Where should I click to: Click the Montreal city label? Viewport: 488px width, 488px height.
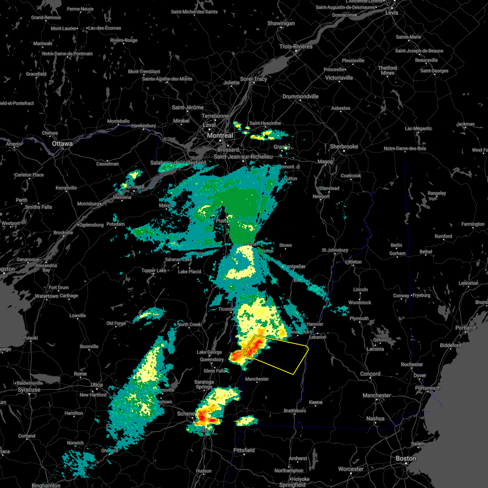coord(220,135)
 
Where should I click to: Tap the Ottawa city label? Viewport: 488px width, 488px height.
coord(62,144)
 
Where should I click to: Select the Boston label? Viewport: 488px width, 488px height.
coord(406,458)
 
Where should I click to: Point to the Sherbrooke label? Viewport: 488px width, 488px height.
coord(344,146)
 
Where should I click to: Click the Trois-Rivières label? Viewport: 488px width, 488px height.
coord(296,46)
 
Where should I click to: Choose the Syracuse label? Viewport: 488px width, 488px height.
coord(29,390)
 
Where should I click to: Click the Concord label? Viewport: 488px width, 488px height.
coord(370,374)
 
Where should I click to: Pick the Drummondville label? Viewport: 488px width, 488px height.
coord(301,96)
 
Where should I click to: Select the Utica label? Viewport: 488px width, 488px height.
coord(97,385)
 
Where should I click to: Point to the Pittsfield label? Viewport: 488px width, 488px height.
coord(244,450)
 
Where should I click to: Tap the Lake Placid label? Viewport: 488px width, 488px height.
coord(190,272)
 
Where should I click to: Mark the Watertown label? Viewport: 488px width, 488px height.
coord(46,296)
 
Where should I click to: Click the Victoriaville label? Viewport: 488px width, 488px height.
coord(339,78)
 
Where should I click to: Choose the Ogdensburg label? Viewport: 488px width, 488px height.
coord(91,225)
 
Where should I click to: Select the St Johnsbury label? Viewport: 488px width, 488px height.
coord(335,250)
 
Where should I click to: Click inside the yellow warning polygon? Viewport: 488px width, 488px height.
coord(281,354)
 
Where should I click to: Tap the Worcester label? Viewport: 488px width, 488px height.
coord(351,469)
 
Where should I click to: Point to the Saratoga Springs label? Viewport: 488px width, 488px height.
coord(204,384)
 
